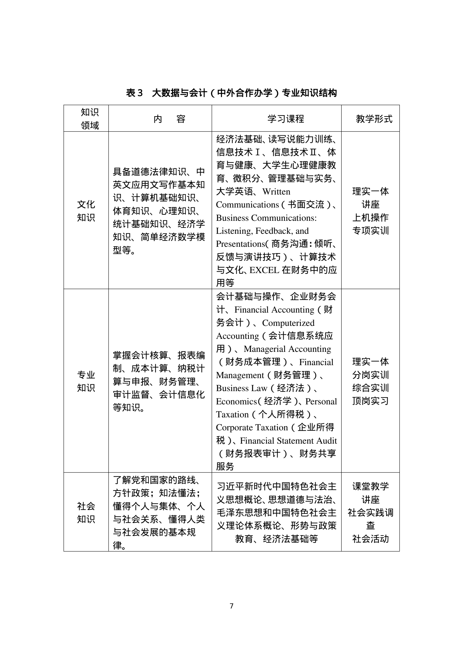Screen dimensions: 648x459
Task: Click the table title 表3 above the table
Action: (x=231, y=93)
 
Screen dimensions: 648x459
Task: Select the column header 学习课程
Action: (x=286, y=119)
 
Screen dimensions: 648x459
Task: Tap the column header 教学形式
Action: (x=374, y=119)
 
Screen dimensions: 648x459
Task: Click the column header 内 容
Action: (x=169, y=119)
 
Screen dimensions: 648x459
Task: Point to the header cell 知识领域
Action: (x=90, y=119)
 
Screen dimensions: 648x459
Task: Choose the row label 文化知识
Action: (x=86, y=211)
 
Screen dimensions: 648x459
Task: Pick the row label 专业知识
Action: (x=86, y=381)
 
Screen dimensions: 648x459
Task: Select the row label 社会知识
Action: (x=86, y=513)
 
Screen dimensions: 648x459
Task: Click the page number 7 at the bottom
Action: (x=231, y=606)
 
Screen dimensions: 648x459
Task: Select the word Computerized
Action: (x=288, y=323)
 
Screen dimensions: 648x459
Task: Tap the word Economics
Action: (x=236, y=402)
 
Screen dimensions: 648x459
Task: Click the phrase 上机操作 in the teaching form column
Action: (x=370, y=218)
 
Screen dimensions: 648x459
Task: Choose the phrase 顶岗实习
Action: (x=370, y=401)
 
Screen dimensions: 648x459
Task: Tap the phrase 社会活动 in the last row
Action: (x=370, y=539)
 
